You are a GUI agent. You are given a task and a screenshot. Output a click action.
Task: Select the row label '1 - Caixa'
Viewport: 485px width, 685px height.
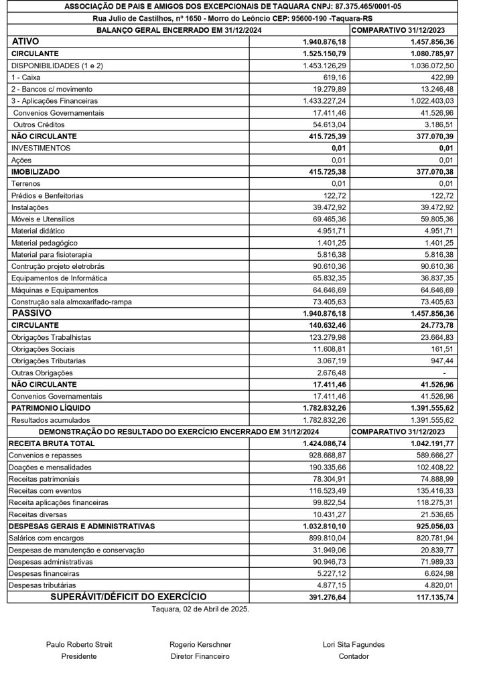[26, 78]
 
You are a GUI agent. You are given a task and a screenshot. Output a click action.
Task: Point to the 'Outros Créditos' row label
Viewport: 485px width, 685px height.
[39, 124]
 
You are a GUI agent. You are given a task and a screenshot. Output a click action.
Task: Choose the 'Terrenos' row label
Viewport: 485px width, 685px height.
[26, 184]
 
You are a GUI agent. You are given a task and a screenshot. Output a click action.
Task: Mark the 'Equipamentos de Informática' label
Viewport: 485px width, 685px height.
[58, 278]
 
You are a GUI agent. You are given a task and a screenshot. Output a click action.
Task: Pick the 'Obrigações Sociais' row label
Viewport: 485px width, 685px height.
[43, 349]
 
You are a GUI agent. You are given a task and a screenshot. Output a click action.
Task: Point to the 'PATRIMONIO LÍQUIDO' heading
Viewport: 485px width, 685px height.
[51, 408]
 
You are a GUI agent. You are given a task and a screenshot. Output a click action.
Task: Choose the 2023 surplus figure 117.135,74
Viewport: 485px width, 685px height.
[432, 597]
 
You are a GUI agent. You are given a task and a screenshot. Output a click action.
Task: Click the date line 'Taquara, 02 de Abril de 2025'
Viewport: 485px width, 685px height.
[200, 609]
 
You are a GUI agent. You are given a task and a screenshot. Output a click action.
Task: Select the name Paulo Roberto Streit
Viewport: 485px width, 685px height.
[79, 645]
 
